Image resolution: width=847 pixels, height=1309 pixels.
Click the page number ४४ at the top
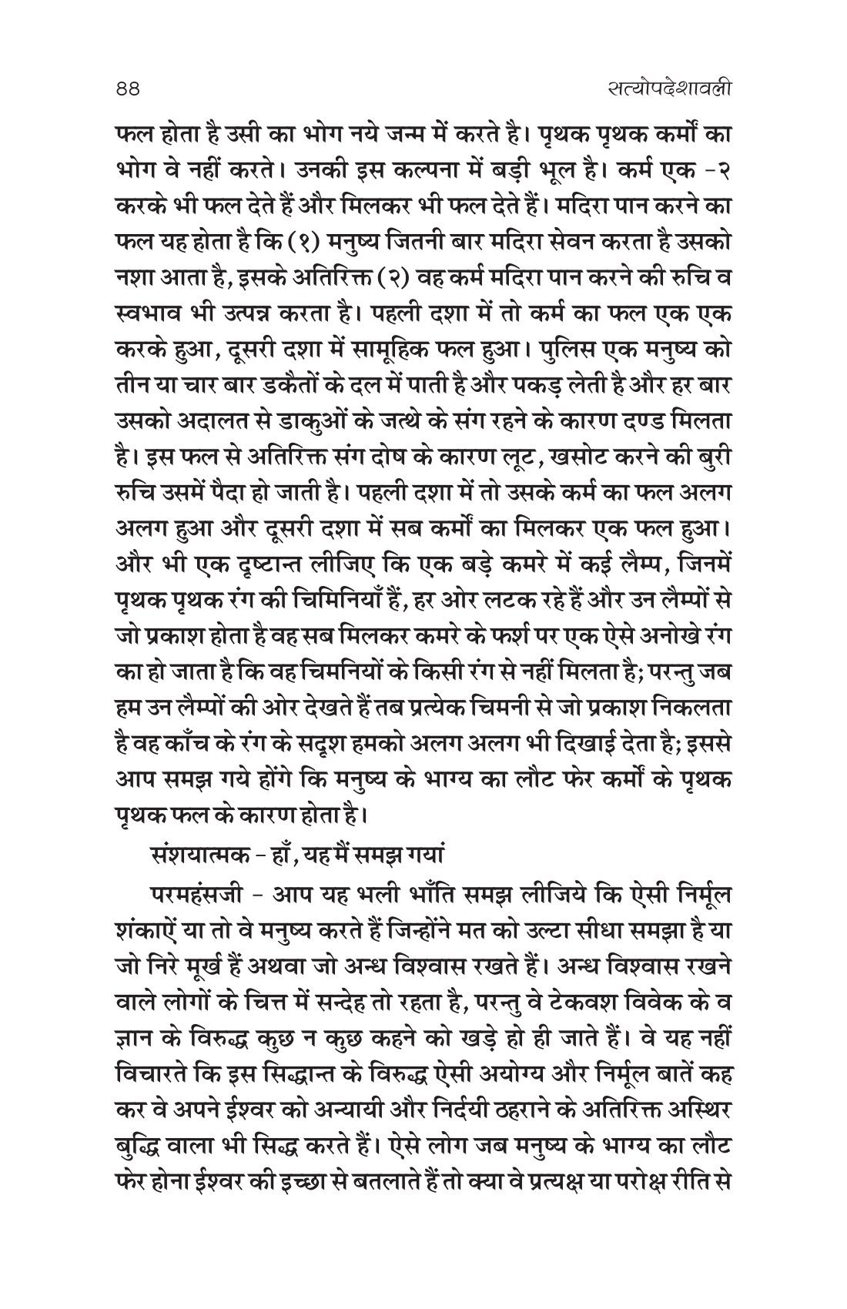tap(124, 90)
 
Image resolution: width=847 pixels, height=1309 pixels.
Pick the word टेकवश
tap(577, 997)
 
